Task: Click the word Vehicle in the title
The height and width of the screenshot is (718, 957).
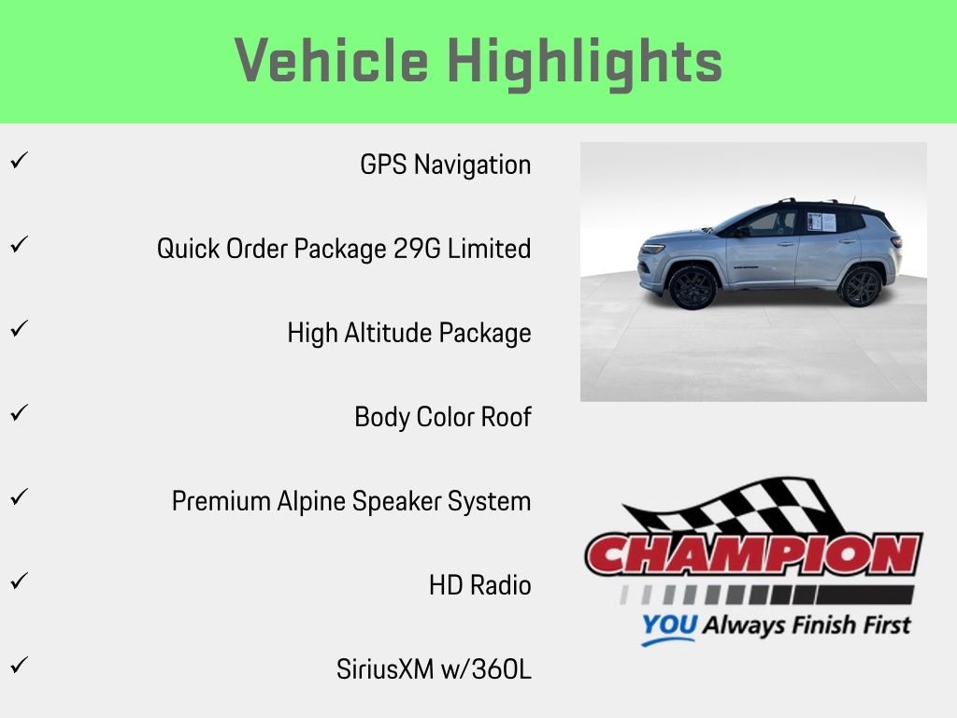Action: [x=331, y=60]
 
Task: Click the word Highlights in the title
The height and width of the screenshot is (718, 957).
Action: [x=585, y=63]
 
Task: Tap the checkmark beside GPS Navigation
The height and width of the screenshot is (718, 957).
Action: [x=20, y=160]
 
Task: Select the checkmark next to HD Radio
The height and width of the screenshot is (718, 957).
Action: [x=20, y=580]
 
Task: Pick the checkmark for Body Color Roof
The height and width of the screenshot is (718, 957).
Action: [x=20, y=412]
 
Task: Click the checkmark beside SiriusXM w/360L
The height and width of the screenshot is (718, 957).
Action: [x=20, y=665]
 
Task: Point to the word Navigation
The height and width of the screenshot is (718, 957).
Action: [x=472, y=165]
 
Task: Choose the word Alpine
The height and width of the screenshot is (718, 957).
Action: [x=311, y=502]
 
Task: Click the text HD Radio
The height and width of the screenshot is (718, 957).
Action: [x=479, y=585]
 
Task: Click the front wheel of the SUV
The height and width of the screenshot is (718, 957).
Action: [x=693, y=288]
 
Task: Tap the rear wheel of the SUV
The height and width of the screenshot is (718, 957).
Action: [x=861, y=287]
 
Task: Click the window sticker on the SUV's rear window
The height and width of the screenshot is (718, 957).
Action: [x=821, y=222]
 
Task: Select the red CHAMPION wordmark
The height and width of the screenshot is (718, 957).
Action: [x=754, y=554]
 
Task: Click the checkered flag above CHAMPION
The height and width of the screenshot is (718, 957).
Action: [x=733, y=507]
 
